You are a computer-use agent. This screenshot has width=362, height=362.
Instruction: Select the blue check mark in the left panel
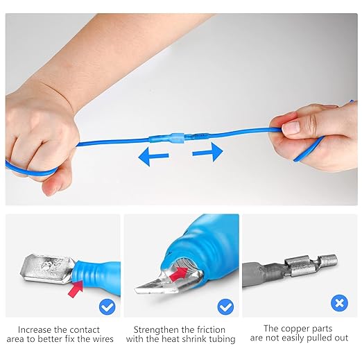click(x=106, y=305)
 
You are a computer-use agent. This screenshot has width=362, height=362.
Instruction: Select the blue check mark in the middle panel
click(x=225, y=305)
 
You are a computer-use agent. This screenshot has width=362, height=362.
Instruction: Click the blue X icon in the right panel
click(x=338, y=303)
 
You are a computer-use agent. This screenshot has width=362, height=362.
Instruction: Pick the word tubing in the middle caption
click(x=221, y=339)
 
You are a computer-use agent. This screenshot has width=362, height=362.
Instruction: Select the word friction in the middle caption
click(x=215, y=329)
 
